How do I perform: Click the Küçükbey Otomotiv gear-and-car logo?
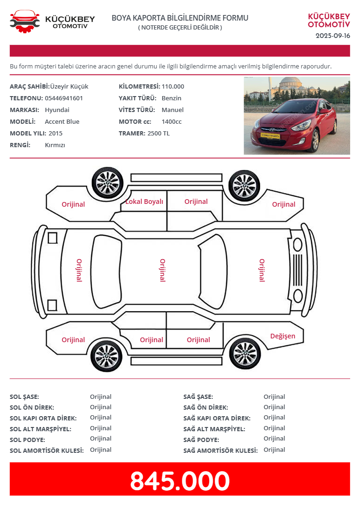(x=25, y=22)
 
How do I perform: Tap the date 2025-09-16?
(x=333, y=36)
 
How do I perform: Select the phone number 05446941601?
(x=64, y=98)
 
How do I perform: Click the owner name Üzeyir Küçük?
(x=69, y=86)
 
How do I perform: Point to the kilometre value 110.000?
(x=172, y=86)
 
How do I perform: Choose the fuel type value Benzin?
(x=172, y=98)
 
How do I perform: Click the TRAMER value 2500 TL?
(x=158, y=133)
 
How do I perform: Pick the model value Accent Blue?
(x=62, y=121)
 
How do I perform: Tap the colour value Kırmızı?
(x=55, y=145)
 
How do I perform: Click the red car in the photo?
(x=294, y=125)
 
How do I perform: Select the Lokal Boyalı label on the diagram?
(x=144, y=201)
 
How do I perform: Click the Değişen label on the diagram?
(x=283, y=336)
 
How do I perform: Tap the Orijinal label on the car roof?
(x=162, y=270)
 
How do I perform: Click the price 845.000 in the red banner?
(x=180, y=480)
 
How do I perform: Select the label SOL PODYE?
(x=27, y=440)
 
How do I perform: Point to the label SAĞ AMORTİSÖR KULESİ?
(x=220, y=450)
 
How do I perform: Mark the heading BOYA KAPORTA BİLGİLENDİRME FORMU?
(x=180, y=18)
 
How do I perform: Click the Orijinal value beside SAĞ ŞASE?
(x=274, y=397)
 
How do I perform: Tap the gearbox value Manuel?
(x=172, y=110)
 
